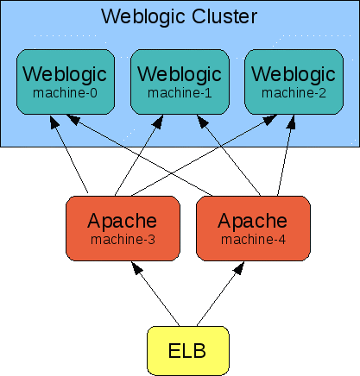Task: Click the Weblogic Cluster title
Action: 179,16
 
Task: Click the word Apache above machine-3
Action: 122,220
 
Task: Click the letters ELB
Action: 187,351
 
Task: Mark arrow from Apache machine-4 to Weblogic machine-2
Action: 282,155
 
